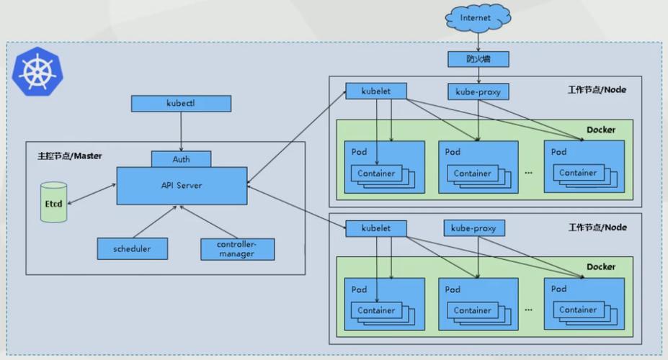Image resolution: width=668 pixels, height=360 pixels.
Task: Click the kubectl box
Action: (181, 104)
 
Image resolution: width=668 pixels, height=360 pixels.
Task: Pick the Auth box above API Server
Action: (181, 159)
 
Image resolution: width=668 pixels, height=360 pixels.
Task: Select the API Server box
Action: (182, 185)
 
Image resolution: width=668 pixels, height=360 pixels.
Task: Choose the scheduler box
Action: (133, 248)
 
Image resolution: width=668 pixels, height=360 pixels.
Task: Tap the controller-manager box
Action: (237, 248)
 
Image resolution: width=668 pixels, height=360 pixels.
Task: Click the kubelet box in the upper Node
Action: (375, 91)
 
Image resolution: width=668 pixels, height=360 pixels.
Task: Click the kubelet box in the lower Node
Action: (375, 228)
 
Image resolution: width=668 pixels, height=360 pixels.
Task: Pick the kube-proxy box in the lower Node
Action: (473, 228)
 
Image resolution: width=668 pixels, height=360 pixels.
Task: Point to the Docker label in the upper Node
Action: (600, 130)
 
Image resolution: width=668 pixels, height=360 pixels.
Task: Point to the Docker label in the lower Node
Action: (600, 266)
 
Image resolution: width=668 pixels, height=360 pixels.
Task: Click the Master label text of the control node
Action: (70, 156)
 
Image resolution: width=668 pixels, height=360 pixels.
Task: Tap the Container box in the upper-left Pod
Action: (375, 173)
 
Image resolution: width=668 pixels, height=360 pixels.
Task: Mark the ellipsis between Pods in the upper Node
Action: (529, 173)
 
